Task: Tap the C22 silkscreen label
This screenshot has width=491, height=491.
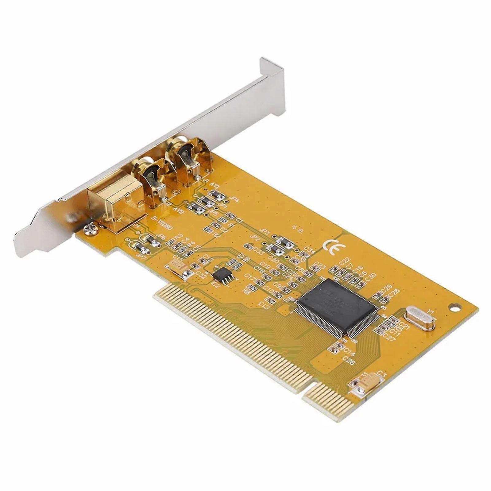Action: point(345,261)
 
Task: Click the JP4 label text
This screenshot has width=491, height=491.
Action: point(236,199)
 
